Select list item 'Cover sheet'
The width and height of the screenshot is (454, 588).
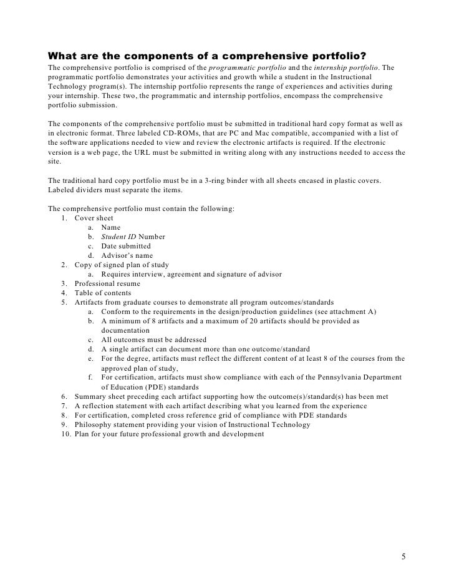94,218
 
